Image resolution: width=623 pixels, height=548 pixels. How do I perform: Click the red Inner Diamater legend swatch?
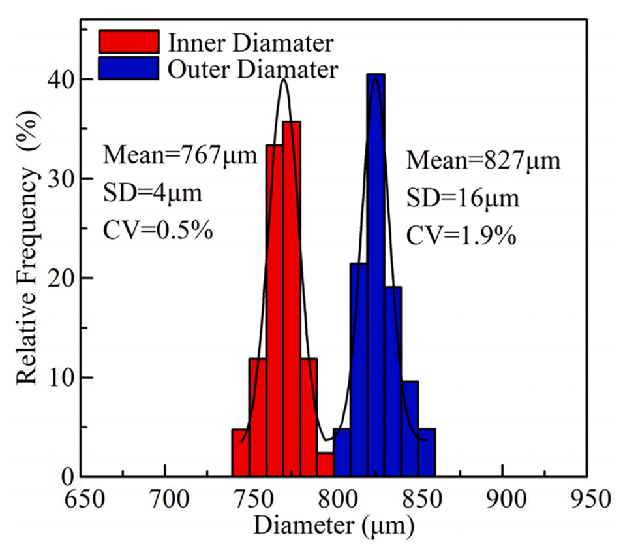tap(129, 42)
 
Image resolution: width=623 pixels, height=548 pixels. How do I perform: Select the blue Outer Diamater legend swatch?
tap(129, 67)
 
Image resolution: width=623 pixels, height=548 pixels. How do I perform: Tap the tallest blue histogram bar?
tap(376, 274)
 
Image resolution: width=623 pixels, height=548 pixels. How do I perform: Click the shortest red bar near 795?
tap(326, 464)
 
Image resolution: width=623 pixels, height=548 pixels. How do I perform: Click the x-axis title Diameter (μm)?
tap(334, 525)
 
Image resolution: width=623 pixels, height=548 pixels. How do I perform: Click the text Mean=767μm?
tap(181, 156)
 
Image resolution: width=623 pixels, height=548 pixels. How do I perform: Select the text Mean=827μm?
tap(483, 159)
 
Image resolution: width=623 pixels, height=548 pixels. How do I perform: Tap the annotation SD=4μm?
tap(153, 193)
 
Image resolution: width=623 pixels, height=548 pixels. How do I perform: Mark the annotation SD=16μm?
tap(463, 197)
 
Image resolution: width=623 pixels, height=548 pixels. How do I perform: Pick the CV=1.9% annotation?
tap(463, 234)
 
